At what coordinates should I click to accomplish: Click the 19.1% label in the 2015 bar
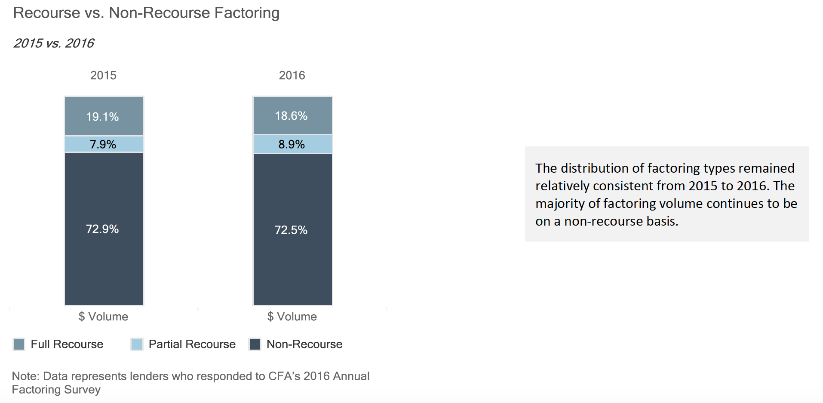[102, 117]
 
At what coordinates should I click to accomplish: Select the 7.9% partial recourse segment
[104, 144]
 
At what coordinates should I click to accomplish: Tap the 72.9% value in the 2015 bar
[102, 229]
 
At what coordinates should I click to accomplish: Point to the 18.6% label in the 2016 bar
[291, 116]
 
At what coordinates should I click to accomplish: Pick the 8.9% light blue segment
[293, 144]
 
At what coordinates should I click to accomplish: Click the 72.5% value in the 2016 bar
[291, 230]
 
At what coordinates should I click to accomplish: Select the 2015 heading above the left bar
[103, 75]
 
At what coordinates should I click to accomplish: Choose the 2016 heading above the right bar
[292, 75]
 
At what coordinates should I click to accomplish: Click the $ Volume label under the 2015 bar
[103, 316]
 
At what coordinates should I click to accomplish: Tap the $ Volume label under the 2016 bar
[292, 316]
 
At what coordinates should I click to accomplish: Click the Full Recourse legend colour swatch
[19, 344]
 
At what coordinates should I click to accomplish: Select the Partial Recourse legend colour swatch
[137, 344]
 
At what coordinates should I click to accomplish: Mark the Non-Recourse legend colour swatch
[255, 344]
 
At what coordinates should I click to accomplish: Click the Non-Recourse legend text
[304, 344]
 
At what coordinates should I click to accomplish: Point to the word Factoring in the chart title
[247, 13]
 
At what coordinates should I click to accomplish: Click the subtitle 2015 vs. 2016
[54, 43]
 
